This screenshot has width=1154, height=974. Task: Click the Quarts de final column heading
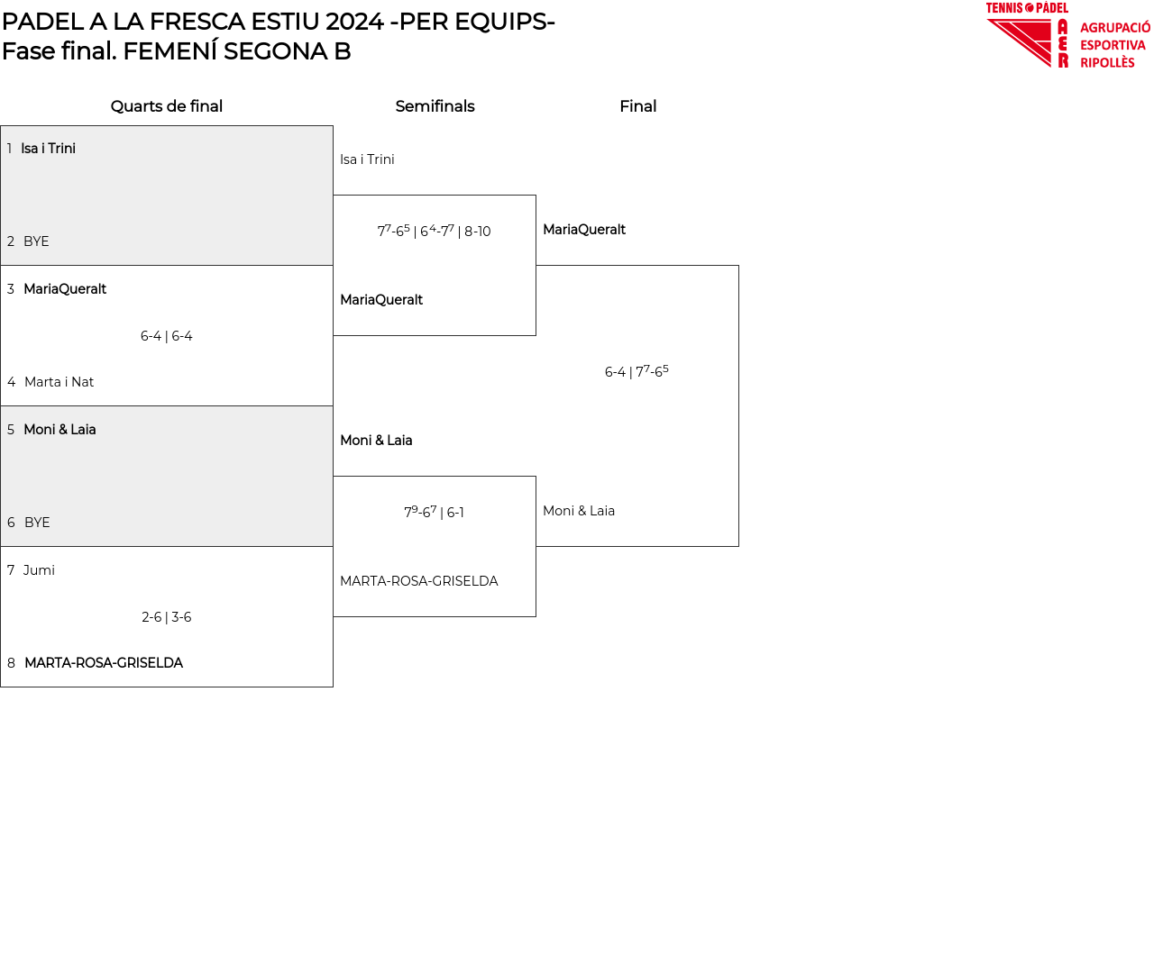point(167,106)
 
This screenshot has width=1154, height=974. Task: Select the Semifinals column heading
point(435,106)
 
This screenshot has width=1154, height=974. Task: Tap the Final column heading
point(637,106)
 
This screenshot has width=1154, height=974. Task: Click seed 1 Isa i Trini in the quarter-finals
point(48,149)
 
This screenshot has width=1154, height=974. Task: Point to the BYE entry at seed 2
point(36,241)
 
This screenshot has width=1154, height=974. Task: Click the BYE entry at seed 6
point(37,523)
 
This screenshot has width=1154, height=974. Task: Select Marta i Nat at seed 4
point(59,382)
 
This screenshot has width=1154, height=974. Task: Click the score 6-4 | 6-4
point(167,336)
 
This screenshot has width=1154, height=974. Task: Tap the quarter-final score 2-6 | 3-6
point(167,617)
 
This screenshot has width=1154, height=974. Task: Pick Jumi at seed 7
point(39,570)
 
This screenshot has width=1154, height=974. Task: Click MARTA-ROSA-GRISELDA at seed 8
point(104,663)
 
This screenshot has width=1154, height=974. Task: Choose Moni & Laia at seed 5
point(60,430)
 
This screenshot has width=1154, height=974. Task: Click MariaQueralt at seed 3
point(65,289)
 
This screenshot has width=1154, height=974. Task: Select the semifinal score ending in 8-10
point(434,232)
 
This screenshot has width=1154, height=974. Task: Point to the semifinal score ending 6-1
point(434,513)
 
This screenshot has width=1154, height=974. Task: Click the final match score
point(637,372)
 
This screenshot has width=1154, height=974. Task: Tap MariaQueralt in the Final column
point(584,230)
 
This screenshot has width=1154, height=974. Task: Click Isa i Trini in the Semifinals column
point(367,159)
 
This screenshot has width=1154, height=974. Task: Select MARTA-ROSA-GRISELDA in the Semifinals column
point(418,581)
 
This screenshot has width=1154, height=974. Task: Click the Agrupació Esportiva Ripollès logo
point(1067,36)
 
